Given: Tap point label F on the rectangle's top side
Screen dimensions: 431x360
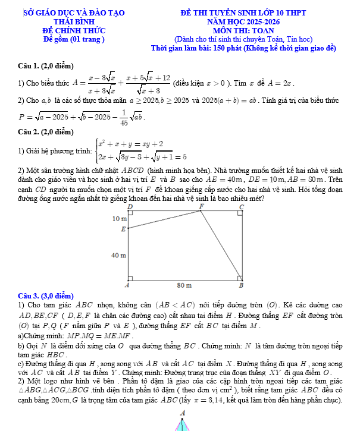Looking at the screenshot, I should pos(201,206).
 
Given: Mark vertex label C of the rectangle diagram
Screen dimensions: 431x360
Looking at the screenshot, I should pos(241,206).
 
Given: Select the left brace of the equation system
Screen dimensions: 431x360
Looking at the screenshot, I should pos(96,151).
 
